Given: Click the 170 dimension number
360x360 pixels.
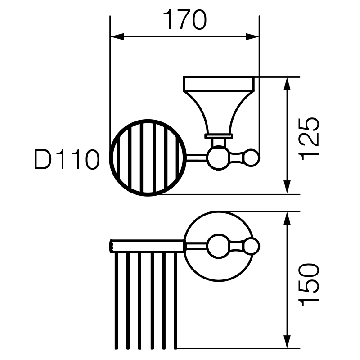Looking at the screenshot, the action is coord(184,20).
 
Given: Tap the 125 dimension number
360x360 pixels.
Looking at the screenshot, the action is coord(309,139).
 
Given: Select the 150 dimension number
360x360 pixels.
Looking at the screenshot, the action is coord(309,285).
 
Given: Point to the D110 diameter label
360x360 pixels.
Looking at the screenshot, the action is coord(67,160).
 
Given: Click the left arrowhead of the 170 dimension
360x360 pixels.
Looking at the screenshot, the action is coord(117,36).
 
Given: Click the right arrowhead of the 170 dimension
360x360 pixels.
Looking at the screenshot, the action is coord(252,36).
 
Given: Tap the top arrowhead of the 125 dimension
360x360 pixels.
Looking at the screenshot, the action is coord(287,84).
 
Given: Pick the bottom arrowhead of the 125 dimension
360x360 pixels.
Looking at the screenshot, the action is coord(287,187).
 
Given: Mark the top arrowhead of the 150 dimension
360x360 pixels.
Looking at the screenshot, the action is coord(287,219).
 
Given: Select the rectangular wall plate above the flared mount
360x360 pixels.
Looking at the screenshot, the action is coord(219,84).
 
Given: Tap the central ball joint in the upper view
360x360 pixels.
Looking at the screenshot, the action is coord(219,158).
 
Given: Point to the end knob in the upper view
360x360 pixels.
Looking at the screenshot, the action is coord(251,158).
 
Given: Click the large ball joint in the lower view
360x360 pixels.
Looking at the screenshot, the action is coord(219,246).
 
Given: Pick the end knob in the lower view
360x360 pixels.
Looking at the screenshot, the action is coord(252,246).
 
